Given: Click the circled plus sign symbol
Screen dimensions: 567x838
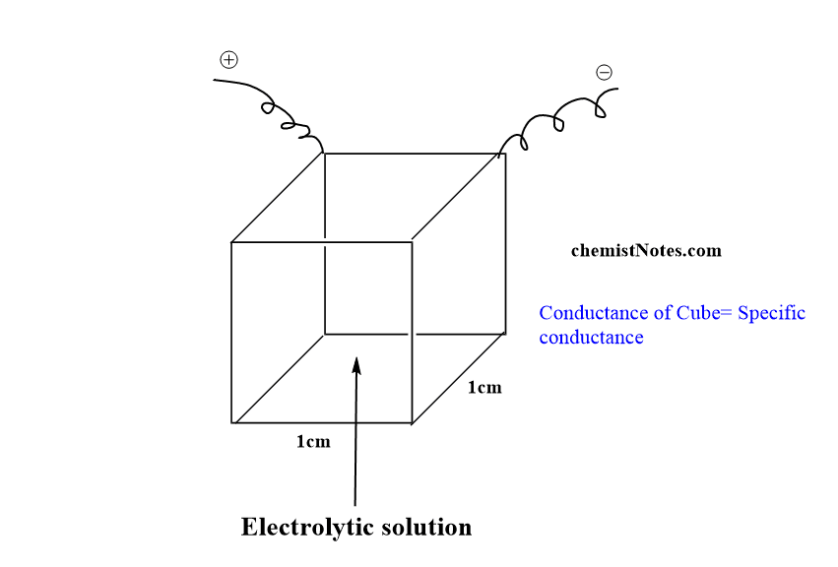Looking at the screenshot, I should coord(228,60).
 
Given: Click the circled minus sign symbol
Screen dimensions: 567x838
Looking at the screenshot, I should coord(604,72).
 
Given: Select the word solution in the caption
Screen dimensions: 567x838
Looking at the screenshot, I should coord(426,527).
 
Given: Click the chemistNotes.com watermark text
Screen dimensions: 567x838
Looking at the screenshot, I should coord(646,250).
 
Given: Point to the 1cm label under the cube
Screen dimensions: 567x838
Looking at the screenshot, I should coord(313,442).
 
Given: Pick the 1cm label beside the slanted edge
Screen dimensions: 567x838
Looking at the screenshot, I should coord(483,388).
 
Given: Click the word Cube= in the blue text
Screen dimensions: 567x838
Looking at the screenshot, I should coord(703,313).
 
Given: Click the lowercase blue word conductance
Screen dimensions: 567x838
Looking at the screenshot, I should coord(591,337).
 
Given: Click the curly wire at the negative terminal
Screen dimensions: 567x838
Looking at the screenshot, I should coord(556,118).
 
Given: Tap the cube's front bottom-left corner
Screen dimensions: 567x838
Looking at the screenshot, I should coord(232,423).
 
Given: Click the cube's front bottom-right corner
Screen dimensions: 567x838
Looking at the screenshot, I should coord(412,423).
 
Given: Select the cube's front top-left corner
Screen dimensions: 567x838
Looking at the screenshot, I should coord(232,242).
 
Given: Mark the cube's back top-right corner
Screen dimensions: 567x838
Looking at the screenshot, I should coord(505,154).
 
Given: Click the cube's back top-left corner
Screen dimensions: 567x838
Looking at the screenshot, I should coord(325,154).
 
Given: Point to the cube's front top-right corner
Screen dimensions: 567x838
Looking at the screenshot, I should coord(412,242).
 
